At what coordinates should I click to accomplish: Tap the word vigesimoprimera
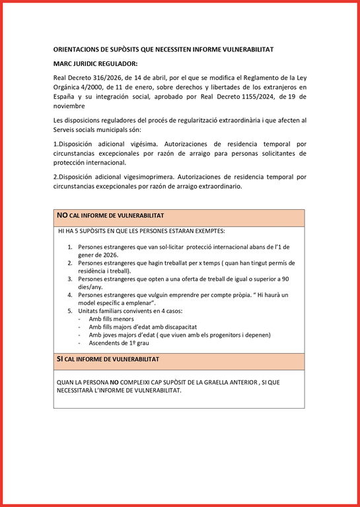pos(134,177)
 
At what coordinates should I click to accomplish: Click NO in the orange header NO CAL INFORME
pos(62,215)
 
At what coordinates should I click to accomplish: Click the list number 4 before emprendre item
pos(70,294)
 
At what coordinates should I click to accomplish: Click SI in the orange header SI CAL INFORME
pos(60,359)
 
